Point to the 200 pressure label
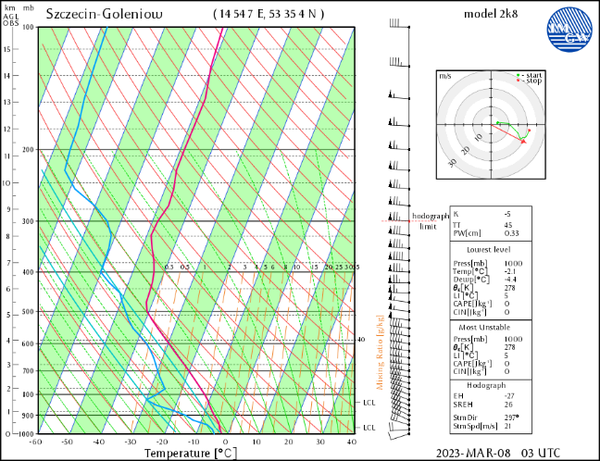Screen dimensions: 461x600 tap(27, 150)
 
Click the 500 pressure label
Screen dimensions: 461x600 tap(27, 312)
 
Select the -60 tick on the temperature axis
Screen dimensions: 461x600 tap(36, 442)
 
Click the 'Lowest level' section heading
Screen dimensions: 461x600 tap(492, 249)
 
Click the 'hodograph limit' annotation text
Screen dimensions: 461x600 tap(429, 220)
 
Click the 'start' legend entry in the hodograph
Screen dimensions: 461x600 tap(532, 75)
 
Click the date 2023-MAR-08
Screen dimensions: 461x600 tap(473, 454)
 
